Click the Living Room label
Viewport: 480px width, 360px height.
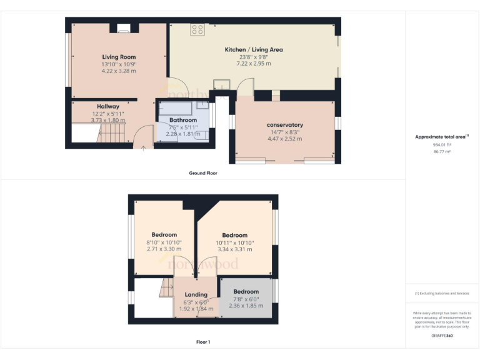click(119, 57)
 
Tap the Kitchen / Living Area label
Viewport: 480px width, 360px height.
click(254, 49)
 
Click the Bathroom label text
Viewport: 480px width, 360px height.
click(182, 120)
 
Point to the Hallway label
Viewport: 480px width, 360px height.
click(107, 106)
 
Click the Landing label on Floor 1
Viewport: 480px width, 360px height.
click(196, 294)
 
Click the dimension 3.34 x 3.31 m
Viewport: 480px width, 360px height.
click(234, 249)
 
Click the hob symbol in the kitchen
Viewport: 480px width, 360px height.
click(197, 29)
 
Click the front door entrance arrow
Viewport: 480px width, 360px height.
click(144, 147)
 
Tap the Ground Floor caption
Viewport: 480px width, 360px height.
click(203, 172)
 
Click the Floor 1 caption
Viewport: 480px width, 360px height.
click(203, 342)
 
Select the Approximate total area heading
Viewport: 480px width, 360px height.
click(441, 137)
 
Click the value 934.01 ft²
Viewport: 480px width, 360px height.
click(441, 144)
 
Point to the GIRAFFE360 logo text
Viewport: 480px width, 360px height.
click(442, 336)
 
